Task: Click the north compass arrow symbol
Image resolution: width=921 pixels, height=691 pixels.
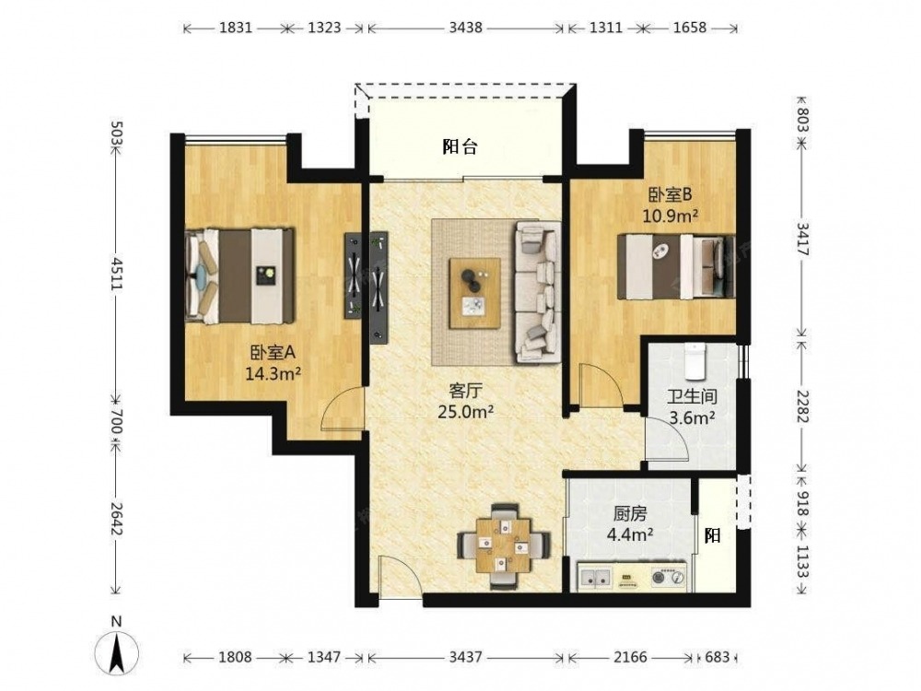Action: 117,652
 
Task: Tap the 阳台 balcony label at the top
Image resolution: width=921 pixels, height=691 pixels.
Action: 460,146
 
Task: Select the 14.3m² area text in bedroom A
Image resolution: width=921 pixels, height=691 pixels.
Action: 274,373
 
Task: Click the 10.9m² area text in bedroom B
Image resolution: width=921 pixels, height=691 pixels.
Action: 670,217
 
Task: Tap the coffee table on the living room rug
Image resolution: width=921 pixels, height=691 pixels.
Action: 475,293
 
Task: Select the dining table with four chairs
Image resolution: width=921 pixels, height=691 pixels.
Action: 504,545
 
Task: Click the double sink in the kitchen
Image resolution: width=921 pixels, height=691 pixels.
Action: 595,577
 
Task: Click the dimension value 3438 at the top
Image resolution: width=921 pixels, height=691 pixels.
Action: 466,28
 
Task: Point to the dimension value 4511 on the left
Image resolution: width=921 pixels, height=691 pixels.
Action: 116,274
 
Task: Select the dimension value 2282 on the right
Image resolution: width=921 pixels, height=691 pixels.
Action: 802,405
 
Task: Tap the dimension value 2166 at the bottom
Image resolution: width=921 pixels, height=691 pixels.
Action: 630,657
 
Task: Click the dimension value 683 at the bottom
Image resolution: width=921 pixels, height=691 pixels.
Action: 717,657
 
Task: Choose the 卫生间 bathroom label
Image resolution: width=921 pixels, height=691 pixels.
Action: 693,396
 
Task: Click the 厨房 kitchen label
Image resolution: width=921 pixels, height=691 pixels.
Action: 630,514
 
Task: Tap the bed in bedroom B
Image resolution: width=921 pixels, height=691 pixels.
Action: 676,266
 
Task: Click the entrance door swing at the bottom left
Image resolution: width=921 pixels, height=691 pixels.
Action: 400,576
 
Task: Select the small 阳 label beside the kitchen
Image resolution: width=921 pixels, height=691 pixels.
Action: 713,536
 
